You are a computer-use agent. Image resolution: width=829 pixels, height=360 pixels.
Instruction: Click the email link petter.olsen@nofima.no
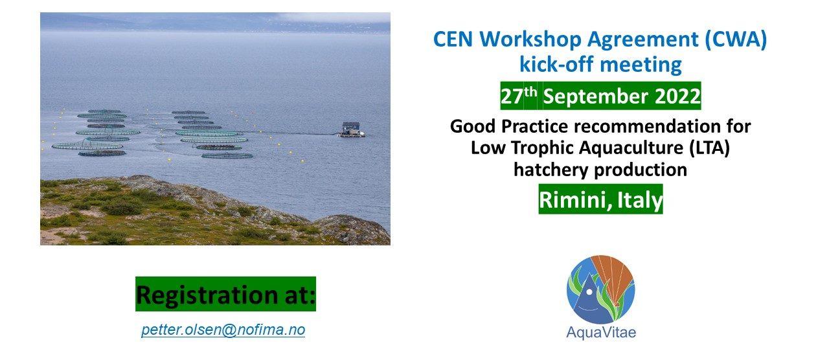pos(223,330)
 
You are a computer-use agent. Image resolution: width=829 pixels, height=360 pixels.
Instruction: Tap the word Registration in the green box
pos(207,295)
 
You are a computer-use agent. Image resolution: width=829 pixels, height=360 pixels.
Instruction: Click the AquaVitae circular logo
pos(600,289)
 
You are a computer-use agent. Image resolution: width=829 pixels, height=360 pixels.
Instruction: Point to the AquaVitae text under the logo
pos(601,333)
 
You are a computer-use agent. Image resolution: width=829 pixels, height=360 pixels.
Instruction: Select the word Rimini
pos(574,200)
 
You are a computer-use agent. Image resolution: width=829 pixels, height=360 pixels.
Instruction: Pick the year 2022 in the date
pos(677,96)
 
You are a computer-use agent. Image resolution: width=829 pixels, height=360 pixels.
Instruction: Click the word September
pos(595,97)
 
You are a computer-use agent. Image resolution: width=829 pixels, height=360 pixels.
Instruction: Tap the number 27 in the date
pos(512,96)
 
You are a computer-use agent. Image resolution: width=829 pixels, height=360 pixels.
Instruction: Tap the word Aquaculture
pos(631,148)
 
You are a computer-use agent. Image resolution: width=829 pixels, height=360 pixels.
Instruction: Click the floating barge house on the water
pos(352,129)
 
